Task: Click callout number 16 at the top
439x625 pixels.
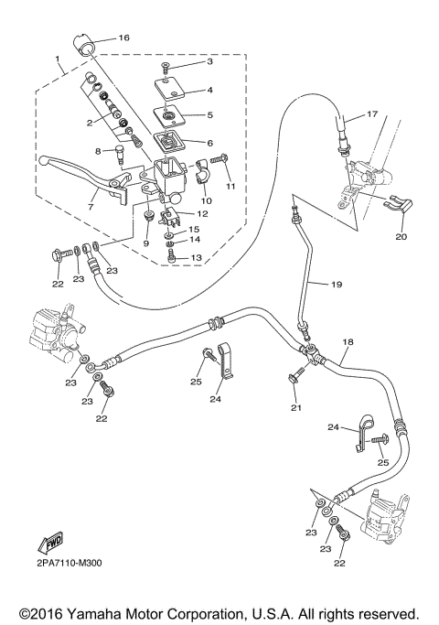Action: click(x=123, y=38)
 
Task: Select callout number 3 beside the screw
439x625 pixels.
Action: click(x=209, y=61)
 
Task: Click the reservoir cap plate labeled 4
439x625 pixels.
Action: click(x=170, y=90)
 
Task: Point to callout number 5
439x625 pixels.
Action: click(x=209, y=115)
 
